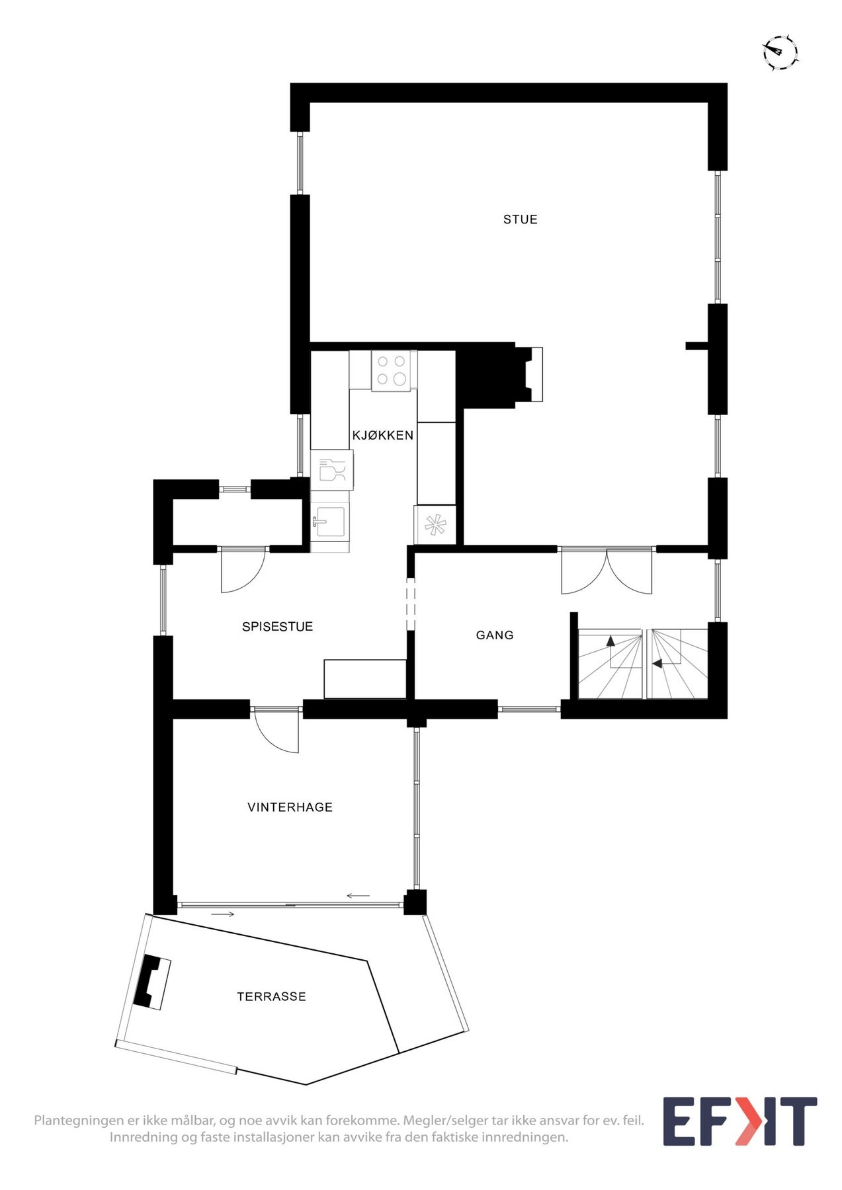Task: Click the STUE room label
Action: coord(520,219)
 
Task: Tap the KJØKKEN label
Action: coord(382,435)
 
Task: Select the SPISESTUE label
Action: coord(277,627)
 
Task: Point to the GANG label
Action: coord(495,635)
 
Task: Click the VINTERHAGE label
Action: coord(290,807)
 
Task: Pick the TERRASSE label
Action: coord(271,996)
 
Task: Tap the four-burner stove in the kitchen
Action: coord(392,370)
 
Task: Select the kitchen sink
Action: coord(328,521)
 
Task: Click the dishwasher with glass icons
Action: coord(332,470)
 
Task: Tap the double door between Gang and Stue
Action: coord(607,570)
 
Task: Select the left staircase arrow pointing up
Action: coord(610,641)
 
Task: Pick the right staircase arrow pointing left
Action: coord(657,663)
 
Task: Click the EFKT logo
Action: coord(739,1121)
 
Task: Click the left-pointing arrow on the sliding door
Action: coord(358,896)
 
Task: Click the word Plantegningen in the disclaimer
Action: coord(79,1121)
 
